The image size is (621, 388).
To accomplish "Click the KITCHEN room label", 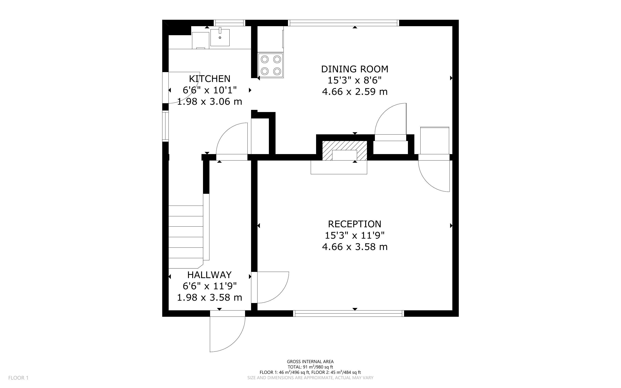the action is (x=210, y=79).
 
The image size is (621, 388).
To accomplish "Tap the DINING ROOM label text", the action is (x=355, y=69).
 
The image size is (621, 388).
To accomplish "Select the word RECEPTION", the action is (x=355, y=224).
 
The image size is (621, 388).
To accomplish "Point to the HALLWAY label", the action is (x=210, y=275).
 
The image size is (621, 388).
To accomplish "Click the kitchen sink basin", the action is (x=220, y=38).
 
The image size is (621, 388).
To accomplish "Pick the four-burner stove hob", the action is (x=271, y=65).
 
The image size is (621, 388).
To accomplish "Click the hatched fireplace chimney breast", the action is (x=344, y=151).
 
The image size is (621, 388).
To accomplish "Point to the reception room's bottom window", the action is (x=348, y=313).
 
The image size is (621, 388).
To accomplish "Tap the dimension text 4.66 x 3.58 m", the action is (x=355, y=247).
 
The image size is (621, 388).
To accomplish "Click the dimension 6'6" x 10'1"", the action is (x=210, y=90).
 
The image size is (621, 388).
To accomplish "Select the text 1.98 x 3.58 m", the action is (x=210, y=297).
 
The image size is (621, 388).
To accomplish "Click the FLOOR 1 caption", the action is (x=18, y=378).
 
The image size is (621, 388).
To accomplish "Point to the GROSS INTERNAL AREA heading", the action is (x=310, y=362).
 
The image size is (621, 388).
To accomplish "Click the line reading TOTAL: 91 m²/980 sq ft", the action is (x=310, y=367).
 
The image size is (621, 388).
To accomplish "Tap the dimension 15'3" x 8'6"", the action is (x=355, y=80).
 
